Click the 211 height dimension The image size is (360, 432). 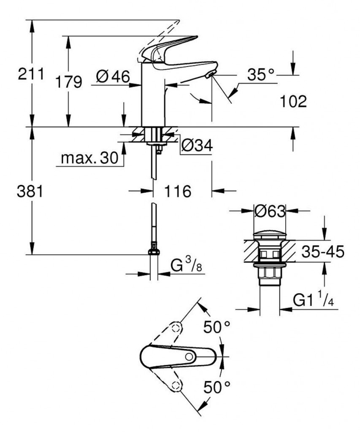(30, 75)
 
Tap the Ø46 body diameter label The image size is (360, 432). (111, 76)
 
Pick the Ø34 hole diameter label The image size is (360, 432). (196, 145)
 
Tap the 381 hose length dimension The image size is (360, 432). (30, 192)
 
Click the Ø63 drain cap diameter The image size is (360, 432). (270, 210)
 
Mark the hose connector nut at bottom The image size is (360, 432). (154, 251)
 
